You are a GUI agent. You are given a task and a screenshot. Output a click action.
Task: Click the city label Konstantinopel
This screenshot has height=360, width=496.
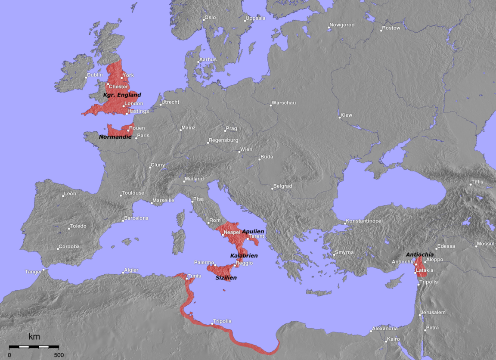(364, 221)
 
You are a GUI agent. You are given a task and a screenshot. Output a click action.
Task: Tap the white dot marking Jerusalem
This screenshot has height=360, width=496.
(420, 315)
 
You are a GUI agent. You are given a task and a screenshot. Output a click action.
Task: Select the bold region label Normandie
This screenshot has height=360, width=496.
(115, 137)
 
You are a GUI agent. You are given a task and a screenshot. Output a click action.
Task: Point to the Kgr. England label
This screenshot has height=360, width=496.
(122, 95)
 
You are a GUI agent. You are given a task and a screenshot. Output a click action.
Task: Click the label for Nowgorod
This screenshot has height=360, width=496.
(342, 25)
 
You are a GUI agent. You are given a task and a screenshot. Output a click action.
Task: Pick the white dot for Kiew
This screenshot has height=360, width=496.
(340, 117)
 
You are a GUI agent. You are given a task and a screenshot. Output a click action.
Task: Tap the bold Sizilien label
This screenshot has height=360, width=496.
(226, 278)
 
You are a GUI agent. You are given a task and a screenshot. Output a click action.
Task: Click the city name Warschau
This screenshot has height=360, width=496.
(283, 103)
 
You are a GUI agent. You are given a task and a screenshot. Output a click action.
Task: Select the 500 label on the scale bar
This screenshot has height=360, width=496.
(59, 355)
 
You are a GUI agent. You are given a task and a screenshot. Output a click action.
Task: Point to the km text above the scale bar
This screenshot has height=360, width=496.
(34, 337)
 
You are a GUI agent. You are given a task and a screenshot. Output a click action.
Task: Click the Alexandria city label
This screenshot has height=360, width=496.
(385, 329)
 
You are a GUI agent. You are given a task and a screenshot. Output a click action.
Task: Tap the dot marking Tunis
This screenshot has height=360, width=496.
(186, 279)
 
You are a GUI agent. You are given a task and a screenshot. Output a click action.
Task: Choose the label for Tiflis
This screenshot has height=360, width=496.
(477, 182)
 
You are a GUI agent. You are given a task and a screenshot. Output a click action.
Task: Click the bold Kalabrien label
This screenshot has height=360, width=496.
(244, 255)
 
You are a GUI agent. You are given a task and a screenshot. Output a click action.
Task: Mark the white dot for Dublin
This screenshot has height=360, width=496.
(86, 78)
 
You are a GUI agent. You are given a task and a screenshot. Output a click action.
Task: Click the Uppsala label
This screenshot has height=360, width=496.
(256, 19)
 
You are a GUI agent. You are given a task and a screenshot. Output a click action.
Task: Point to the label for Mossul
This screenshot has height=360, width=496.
(486, 244)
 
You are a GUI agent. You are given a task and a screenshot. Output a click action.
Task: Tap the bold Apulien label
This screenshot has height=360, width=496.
(253, 231)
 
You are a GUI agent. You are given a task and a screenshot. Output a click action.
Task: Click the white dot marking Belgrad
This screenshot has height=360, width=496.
(272, 188)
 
